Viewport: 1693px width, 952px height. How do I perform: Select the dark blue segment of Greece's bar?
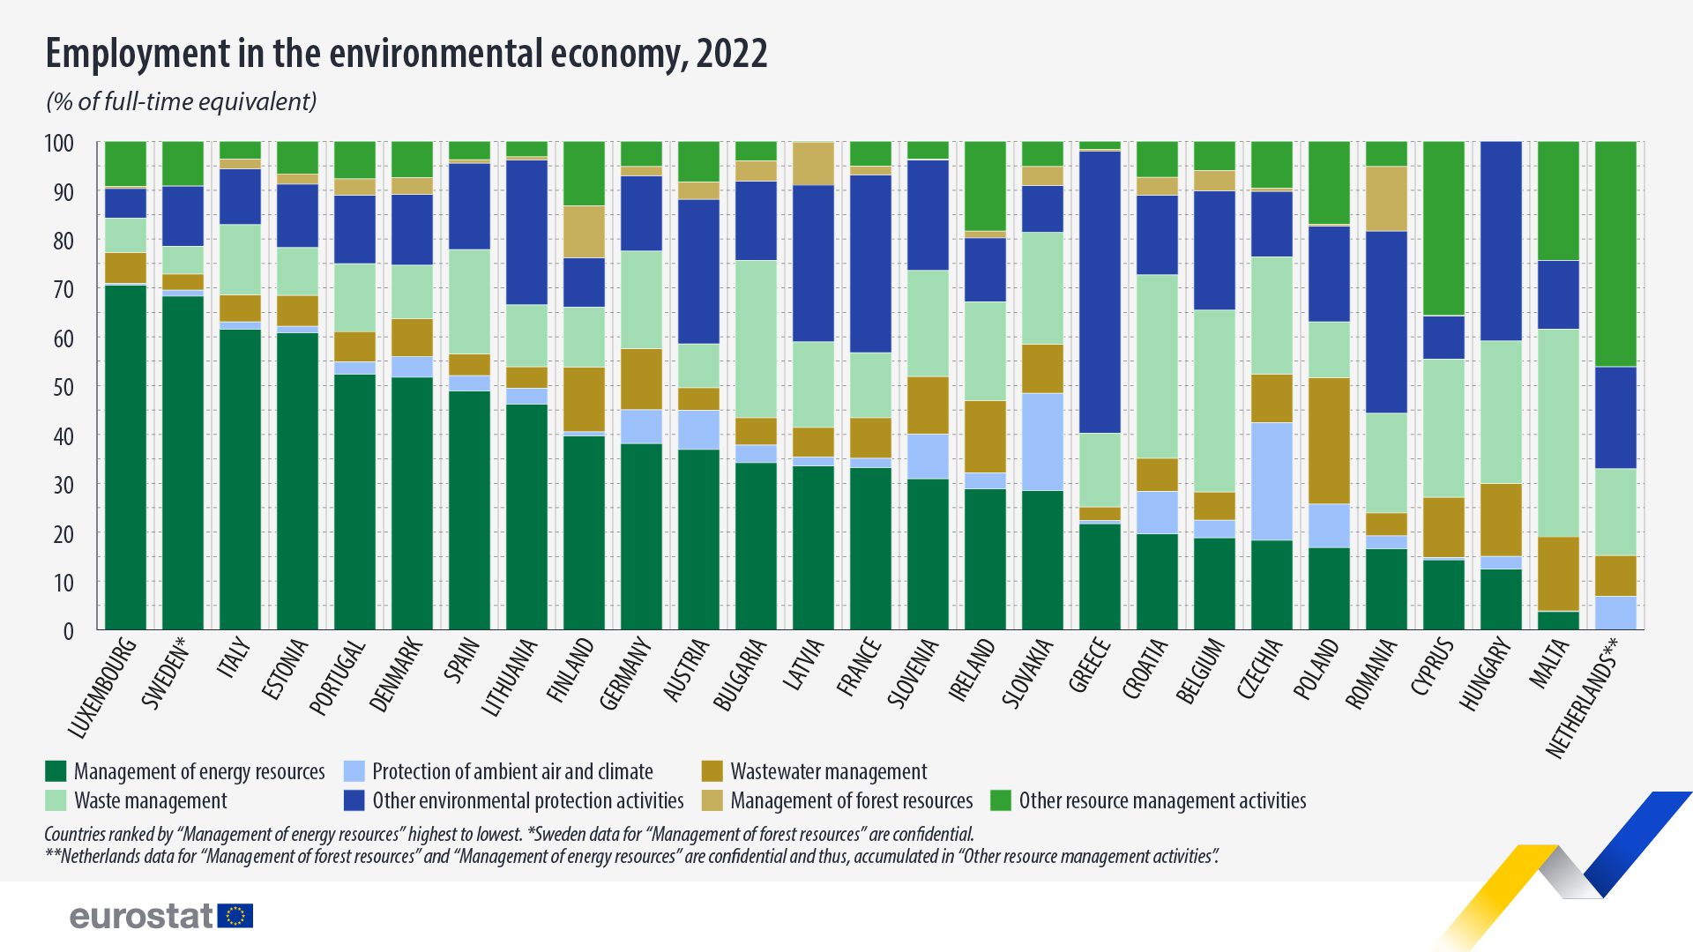pyautogui.click(x=1100, y=291)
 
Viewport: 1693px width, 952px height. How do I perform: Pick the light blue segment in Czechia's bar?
pyautogui.click(x=1272, y=481)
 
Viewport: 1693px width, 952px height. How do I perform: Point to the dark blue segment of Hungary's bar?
pyautogui.click(x=1501, y=241)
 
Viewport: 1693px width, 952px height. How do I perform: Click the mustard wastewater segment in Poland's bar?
pyautogui.click(x=1329, y=441)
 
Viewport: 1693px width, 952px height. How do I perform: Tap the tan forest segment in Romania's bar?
pyautogui.click(x=1386, y=198)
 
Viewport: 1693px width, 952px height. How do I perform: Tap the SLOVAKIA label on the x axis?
pyautogui.click(x=1028, y=673)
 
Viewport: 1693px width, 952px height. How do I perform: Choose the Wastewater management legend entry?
pyautogui.click(x=828, y=771)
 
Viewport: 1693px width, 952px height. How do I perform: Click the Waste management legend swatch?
pyautogui.click(x=56, y=800)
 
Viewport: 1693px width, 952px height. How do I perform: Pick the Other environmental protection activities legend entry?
pyautogui.click(x=527, y=800)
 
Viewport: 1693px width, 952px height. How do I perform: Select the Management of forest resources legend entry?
pyautogui.click(x=851, y=800)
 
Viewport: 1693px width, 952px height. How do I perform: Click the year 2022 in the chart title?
pyautogui.click(x=732, y=54)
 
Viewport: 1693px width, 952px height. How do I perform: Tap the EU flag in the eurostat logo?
pyautogui.click(x=235, y=916)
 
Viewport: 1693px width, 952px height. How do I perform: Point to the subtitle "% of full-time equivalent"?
pyautogui.click(x=182, y=102)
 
